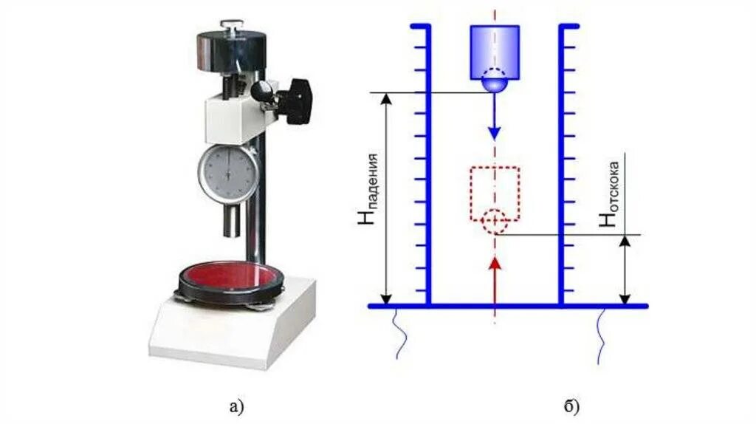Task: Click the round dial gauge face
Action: click(x=227, y=174)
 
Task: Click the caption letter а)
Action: click(x=236, y=406)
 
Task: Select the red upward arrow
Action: click(x=495, y=273)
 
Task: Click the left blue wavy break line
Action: click(x=399, y=332)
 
